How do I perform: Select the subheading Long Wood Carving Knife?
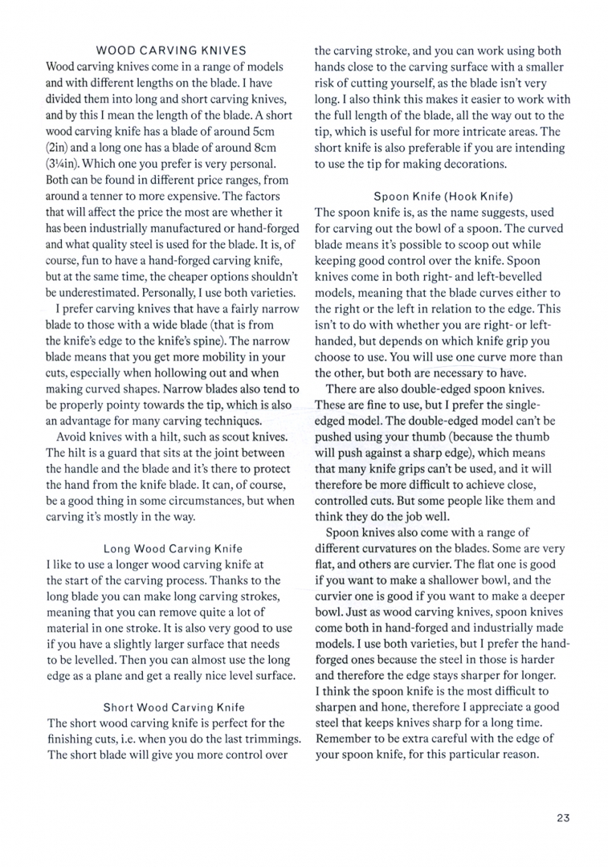click(173, 548)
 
